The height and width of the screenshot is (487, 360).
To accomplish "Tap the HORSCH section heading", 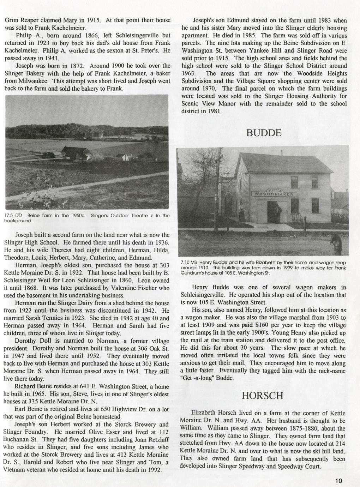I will (263, 396).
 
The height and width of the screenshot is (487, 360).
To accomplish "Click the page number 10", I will (339, 481).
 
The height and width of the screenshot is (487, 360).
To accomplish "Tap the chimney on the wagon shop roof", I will (281, 152).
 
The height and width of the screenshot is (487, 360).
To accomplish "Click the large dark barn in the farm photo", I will (76, 152).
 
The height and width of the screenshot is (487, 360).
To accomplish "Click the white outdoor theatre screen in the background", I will (101, 136).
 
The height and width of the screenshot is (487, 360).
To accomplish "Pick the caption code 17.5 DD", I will (13, 215).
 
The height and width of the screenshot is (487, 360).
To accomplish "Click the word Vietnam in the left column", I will (15, 470).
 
